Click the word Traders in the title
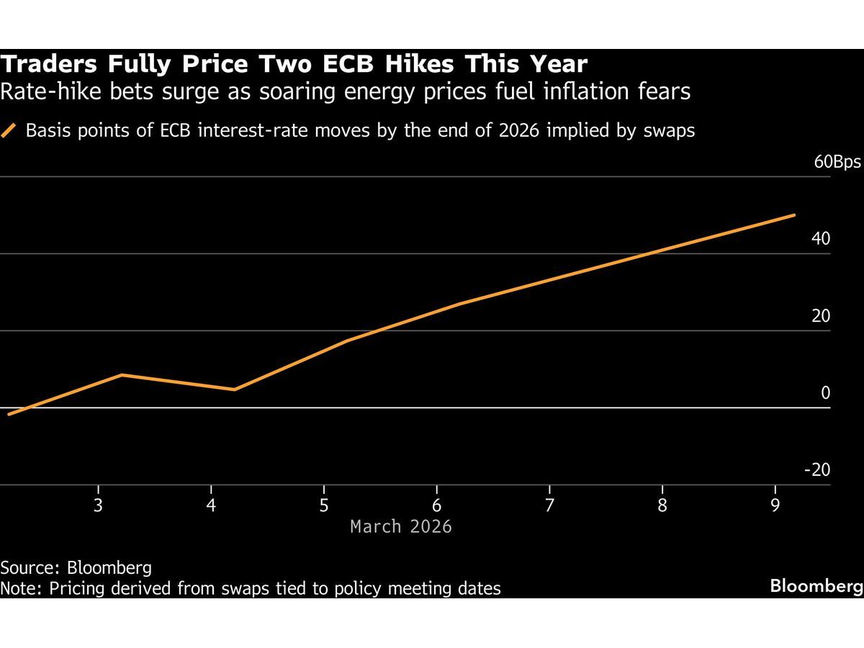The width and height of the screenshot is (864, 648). tap(48, 65)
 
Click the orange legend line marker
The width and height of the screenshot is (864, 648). tap(9, 131)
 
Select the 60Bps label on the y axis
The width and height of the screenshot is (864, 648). tap(837, 162)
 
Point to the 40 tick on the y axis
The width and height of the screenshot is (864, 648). tap(821, 239)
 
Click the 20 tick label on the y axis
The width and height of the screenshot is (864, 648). tap(821, 316)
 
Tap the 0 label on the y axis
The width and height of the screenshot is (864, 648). tap(825, 393)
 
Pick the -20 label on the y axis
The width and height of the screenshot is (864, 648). tap(817, 470)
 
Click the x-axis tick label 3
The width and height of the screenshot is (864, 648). tap(98, 505)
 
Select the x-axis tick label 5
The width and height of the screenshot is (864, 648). tap(324, 505)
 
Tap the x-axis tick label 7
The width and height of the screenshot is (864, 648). tap(549, 505)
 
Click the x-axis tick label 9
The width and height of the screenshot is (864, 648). tap(775, 505)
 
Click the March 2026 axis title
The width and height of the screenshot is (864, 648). tap(401, 527)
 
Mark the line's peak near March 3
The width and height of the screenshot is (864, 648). tap(122, 374)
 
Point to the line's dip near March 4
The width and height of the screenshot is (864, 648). tap(235, 390)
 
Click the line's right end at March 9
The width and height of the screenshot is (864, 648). tap(794, 215)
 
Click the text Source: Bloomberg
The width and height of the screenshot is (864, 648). tap(76, 567)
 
